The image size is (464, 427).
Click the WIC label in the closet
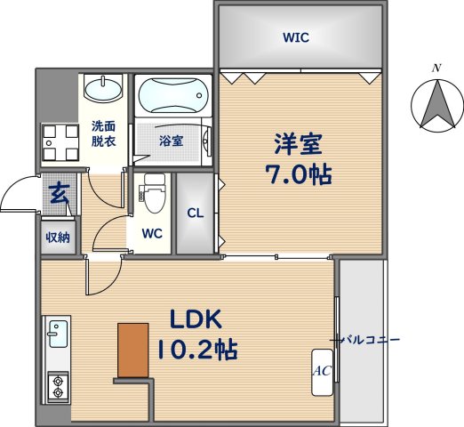tap(296, 37)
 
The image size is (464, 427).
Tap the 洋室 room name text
tap(298, 145)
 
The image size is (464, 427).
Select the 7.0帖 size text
tap(298, 174)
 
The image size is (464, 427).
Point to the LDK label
tap(196, 318)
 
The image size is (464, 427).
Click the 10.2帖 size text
tap(197, 350)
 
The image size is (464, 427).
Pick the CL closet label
tap(196, 213)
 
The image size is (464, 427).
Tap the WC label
tap(152, 234)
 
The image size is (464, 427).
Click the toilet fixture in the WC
tap(155, 193)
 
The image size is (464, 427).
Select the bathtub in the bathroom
tap(173, 95)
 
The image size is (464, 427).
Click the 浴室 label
tap(172, 141)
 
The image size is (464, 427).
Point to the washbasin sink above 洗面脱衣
tap(103, 89)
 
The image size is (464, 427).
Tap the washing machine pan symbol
tap(60, 143)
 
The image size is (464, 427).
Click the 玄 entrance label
tap(60, 194)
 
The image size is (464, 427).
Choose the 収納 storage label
tap(58, 238)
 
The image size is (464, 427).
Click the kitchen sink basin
tap(58, 334)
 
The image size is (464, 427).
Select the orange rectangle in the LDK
tap(133, 350)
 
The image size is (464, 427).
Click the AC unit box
tap(322, 372)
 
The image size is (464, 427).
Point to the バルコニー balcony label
tap(370, 340)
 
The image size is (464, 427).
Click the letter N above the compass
tap(436, 68)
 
